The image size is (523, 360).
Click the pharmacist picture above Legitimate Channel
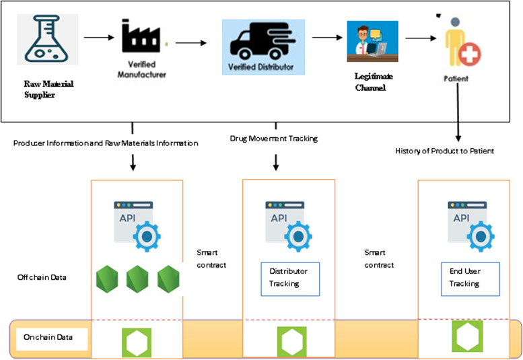click(x=372, y=41)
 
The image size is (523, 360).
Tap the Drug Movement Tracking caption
click(x=273, y=139)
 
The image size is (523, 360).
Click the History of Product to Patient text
click(x=445, y=151)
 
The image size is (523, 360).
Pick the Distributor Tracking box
click(x=289, y=278)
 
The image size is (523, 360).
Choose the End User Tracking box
click(x=464, y=277)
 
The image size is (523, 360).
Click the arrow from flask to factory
click(x=98, y=38)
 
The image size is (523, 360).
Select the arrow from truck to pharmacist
click(x=328, y=38)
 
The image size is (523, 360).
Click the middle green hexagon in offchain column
click(x=137, y=279)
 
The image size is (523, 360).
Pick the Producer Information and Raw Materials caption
click(x=105, y=143)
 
